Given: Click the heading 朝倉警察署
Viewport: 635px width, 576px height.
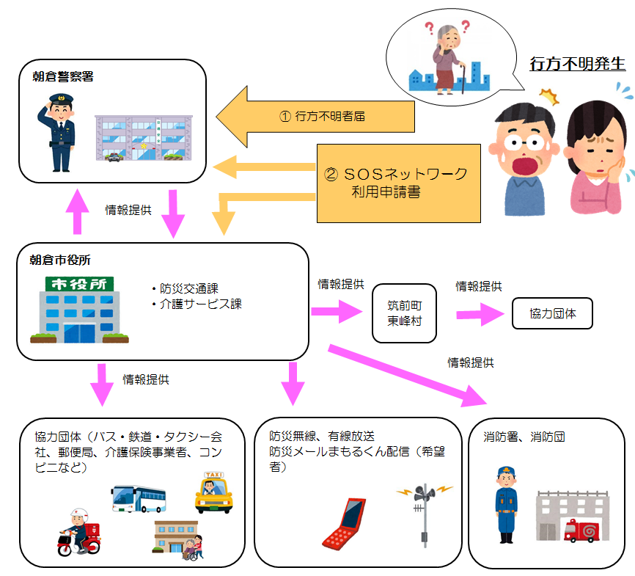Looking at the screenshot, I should click(62, 76).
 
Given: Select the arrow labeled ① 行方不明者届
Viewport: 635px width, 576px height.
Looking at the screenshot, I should click(316, 115).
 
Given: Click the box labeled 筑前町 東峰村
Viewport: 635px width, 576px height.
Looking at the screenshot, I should click(403, 313).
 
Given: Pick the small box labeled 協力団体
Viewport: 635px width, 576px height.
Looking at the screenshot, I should click(552, 313).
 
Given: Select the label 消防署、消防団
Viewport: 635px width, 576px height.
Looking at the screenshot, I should click(524, 437).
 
